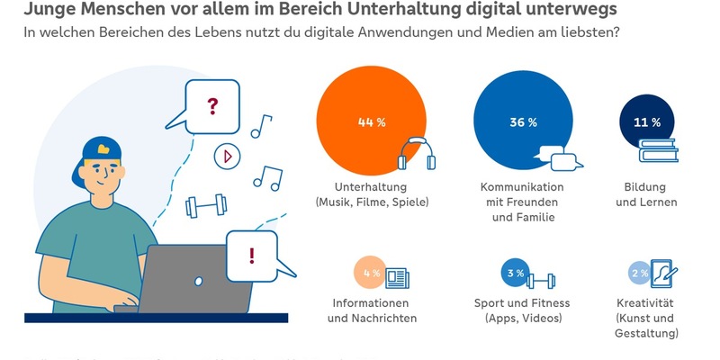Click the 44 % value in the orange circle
[x=371, y=122]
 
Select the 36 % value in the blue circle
[x=523, y=121]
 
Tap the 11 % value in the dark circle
[x=648, y=121]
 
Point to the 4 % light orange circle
[x=370, y=272]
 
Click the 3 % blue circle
[x=515, y=273]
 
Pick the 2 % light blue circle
[x=639, y=273]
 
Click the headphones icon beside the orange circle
[x=417, y=154]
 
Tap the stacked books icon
[x=659, y=151]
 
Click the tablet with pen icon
[x=663, y=274]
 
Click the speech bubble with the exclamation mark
[x=252, y=255]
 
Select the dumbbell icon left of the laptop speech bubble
[x=202, y=207]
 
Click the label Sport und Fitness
[x=522, y=303]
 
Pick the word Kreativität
[x=646, y=303]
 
